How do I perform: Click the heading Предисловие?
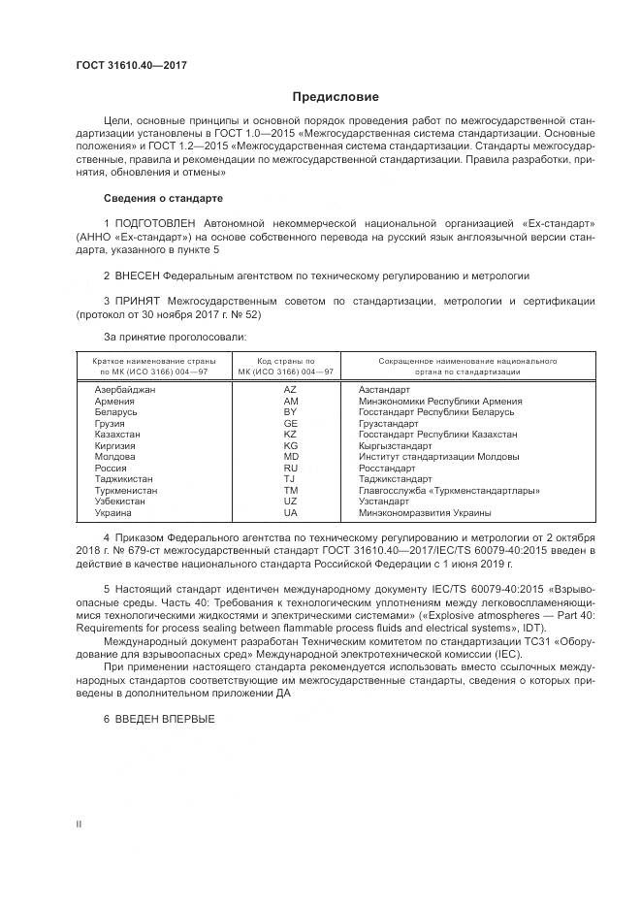tap(336, 97)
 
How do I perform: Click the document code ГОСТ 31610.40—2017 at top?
tap(131, 66)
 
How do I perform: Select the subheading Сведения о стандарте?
tap(163, 198)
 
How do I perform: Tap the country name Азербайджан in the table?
tap(125, 389)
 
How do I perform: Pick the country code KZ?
tap(290, 434)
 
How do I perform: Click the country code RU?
tap(290, 468)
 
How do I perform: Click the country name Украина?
tap(112, 512)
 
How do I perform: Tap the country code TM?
tap(290, 490)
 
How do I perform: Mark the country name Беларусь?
tap(116, 411)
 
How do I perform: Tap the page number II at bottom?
tap(79, 824)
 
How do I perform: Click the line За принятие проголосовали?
tap(175, 336)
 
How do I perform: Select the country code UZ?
tap(290, 501)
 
